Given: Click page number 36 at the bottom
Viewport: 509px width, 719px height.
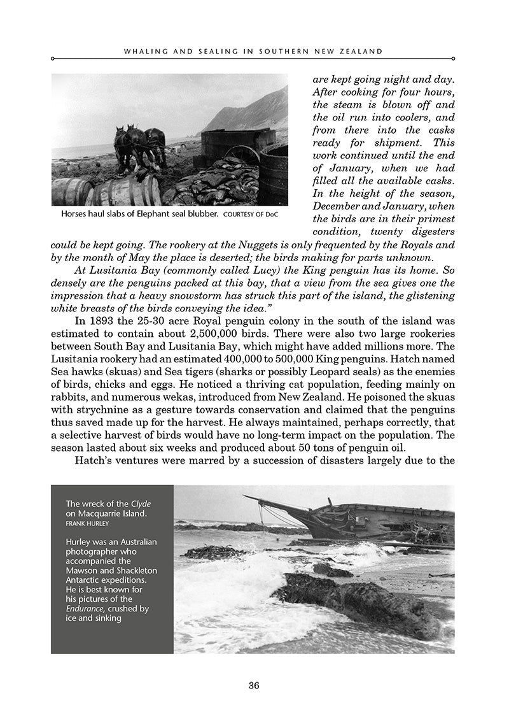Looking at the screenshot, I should point(254,686).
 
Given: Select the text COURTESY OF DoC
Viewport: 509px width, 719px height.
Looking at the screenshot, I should point(251,214).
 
